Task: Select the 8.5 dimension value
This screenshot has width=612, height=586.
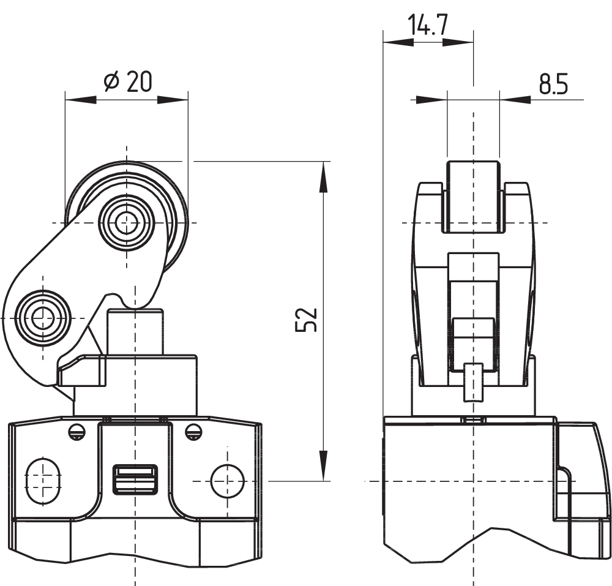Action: click(x=553, y=85)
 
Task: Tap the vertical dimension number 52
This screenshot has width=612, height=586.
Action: click(x=307, y=319)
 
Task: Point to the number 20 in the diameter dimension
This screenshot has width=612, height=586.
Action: click(x=138, y=81)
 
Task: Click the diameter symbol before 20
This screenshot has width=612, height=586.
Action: click(x=111, y=81)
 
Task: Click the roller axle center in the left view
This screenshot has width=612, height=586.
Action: click(x=126, y=222)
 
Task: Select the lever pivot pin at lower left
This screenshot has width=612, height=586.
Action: click(x=42, y=318)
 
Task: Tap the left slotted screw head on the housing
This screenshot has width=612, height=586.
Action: click(x=76, y=432)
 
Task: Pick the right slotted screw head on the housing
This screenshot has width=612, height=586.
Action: click(x=193, y=432)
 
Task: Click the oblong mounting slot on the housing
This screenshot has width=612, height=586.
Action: click(x=43, y=481)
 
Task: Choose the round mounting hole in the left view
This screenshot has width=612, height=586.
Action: click(x=227, y=481)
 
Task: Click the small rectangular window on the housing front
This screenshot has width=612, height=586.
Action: click(x=135, y=479)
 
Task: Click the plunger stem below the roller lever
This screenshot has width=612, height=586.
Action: click(x=135, y=331)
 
